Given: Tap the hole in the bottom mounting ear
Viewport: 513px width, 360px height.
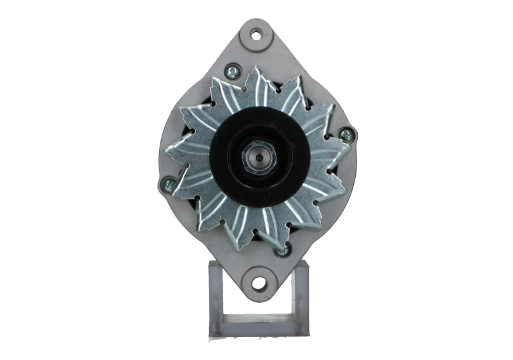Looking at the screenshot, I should [258, 282].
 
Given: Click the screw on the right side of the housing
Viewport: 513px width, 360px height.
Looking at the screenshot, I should [346, 135].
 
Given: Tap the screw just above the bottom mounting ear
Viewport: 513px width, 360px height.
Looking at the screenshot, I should [280, 250].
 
